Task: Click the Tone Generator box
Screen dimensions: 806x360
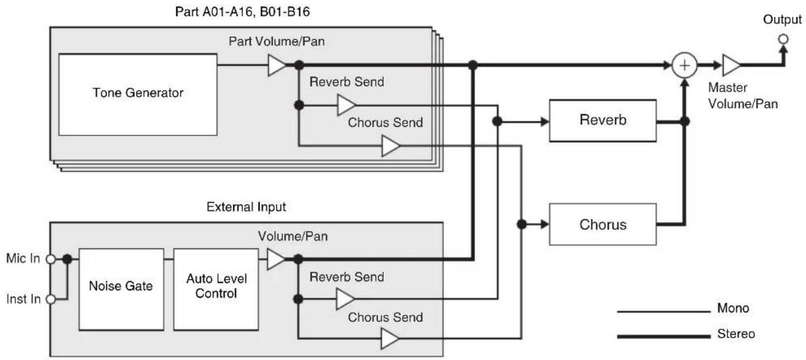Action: pyautogui.click(x=138, y=95)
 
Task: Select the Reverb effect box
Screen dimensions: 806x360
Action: pyautogui.click(x=603, y=121)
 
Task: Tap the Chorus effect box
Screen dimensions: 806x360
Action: pyautogui.click(x=603, y=225)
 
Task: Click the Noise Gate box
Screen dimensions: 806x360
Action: pyautogui.click(x=121, y=289)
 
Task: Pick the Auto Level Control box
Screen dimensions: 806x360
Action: pyautogui.click(x=216, y=289)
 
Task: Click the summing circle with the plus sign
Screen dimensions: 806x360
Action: pyautogui.click(x=685, y=65)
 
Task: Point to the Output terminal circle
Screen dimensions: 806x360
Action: pyautogui.click(x=783, y=39)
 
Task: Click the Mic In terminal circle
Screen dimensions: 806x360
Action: pyautogui.click(x=51, y=259)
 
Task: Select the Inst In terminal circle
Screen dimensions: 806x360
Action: pyautogui.click(x=51, y=299)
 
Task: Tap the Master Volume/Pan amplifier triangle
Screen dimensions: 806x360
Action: pyautogui.click(x=730, y=65)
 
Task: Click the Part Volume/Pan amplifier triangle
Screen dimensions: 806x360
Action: pyautogui.click(x=276, y=65)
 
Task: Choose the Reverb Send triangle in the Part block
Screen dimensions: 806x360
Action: pyautogui.click(x=346, y=105)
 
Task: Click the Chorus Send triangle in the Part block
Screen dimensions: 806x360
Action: pyautogui.click(x=390, y=146)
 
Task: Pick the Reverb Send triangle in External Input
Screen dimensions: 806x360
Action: pyautogui.click(x=345, y=299)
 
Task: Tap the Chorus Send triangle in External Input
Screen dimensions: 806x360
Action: pyautogui.click(x=389, y=339)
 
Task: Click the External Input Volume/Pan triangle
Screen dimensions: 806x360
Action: pyautogui.click(x=276, y=259)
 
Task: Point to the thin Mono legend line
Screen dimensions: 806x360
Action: pyautogui.click(x=664, y=311)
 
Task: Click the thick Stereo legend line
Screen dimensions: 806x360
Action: pyautogui.click(x=664, y=337)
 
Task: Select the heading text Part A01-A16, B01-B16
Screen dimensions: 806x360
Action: pyautogui.click(x=242, y=12)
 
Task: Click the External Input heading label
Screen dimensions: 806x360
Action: pyautogui.click(x=246, y=207)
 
